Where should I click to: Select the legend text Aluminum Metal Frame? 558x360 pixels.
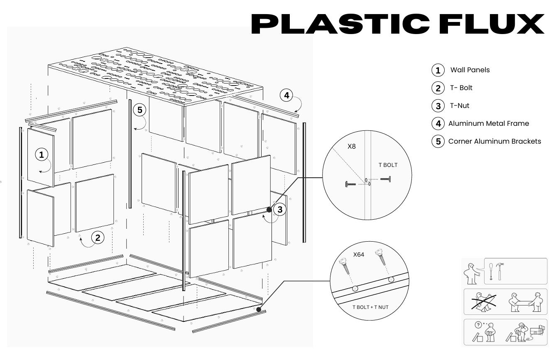[489, 123]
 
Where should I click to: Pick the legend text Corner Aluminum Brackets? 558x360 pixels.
[494, 141]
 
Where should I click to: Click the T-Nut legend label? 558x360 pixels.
[460, 106]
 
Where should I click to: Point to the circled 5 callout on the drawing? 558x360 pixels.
[139, 110]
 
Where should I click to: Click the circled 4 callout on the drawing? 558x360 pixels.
[286, 96]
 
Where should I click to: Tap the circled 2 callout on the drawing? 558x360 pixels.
[98, 238]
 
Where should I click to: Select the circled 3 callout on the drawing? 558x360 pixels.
[280, 210]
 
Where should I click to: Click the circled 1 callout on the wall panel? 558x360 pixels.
[41, 155]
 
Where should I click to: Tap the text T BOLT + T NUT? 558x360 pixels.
[370, 307]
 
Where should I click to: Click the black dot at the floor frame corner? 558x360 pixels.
[258, 309]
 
